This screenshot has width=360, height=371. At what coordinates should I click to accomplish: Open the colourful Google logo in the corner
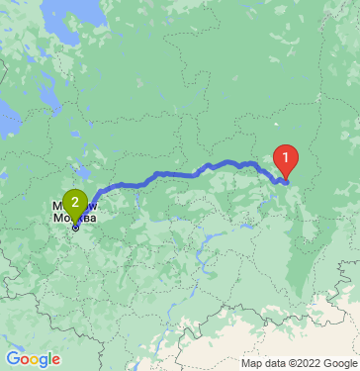pyautogui.click(x=33, y=358)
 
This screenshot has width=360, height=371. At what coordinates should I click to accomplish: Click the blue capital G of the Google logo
pyautogui.click(x=12, y=358)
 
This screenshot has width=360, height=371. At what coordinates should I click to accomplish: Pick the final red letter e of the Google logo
pyautogui.click(x=55, y=359)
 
